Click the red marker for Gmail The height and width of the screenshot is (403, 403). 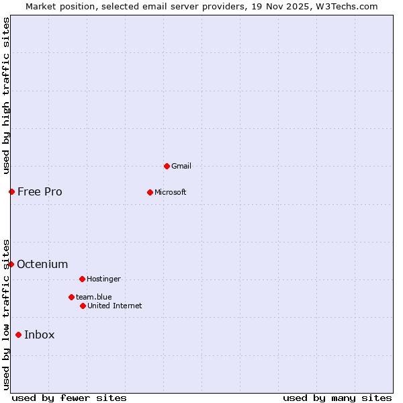pos(167,166)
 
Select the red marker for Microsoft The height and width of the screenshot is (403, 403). pos(150,192)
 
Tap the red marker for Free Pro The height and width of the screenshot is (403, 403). pos(11,191)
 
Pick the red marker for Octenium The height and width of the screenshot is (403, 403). pos(11,264)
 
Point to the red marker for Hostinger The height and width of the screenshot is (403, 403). pos(82,279)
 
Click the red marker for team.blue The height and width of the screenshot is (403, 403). pos(71,297)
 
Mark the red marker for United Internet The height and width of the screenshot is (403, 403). pos(83,306)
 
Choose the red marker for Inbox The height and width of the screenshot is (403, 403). pos(18,334)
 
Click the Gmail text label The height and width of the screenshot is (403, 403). pos(181,166)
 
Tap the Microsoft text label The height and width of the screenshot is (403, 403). pos(171,192)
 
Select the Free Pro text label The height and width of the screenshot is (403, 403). pos(40,191)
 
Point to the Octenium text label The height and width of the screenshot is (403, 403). pos(42,264)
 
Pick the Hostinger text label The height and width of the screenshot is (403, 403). pos(103,279)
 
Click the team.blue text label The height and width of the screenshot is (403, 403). pos(94,297)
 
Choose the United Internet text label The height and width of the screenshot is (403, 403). pos(115,306)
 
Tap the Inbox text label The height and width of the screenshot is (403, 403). pos(40,334)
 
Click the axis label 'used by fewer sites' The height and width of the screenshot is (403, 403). pos(69,398)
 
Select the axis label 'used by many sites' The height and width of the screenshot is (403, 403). pos(337,398)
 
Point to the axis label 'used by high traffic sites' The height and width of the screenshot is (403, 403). pos(6,95)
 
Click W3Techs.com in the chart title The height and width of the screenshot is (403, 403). pos(347,6)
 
